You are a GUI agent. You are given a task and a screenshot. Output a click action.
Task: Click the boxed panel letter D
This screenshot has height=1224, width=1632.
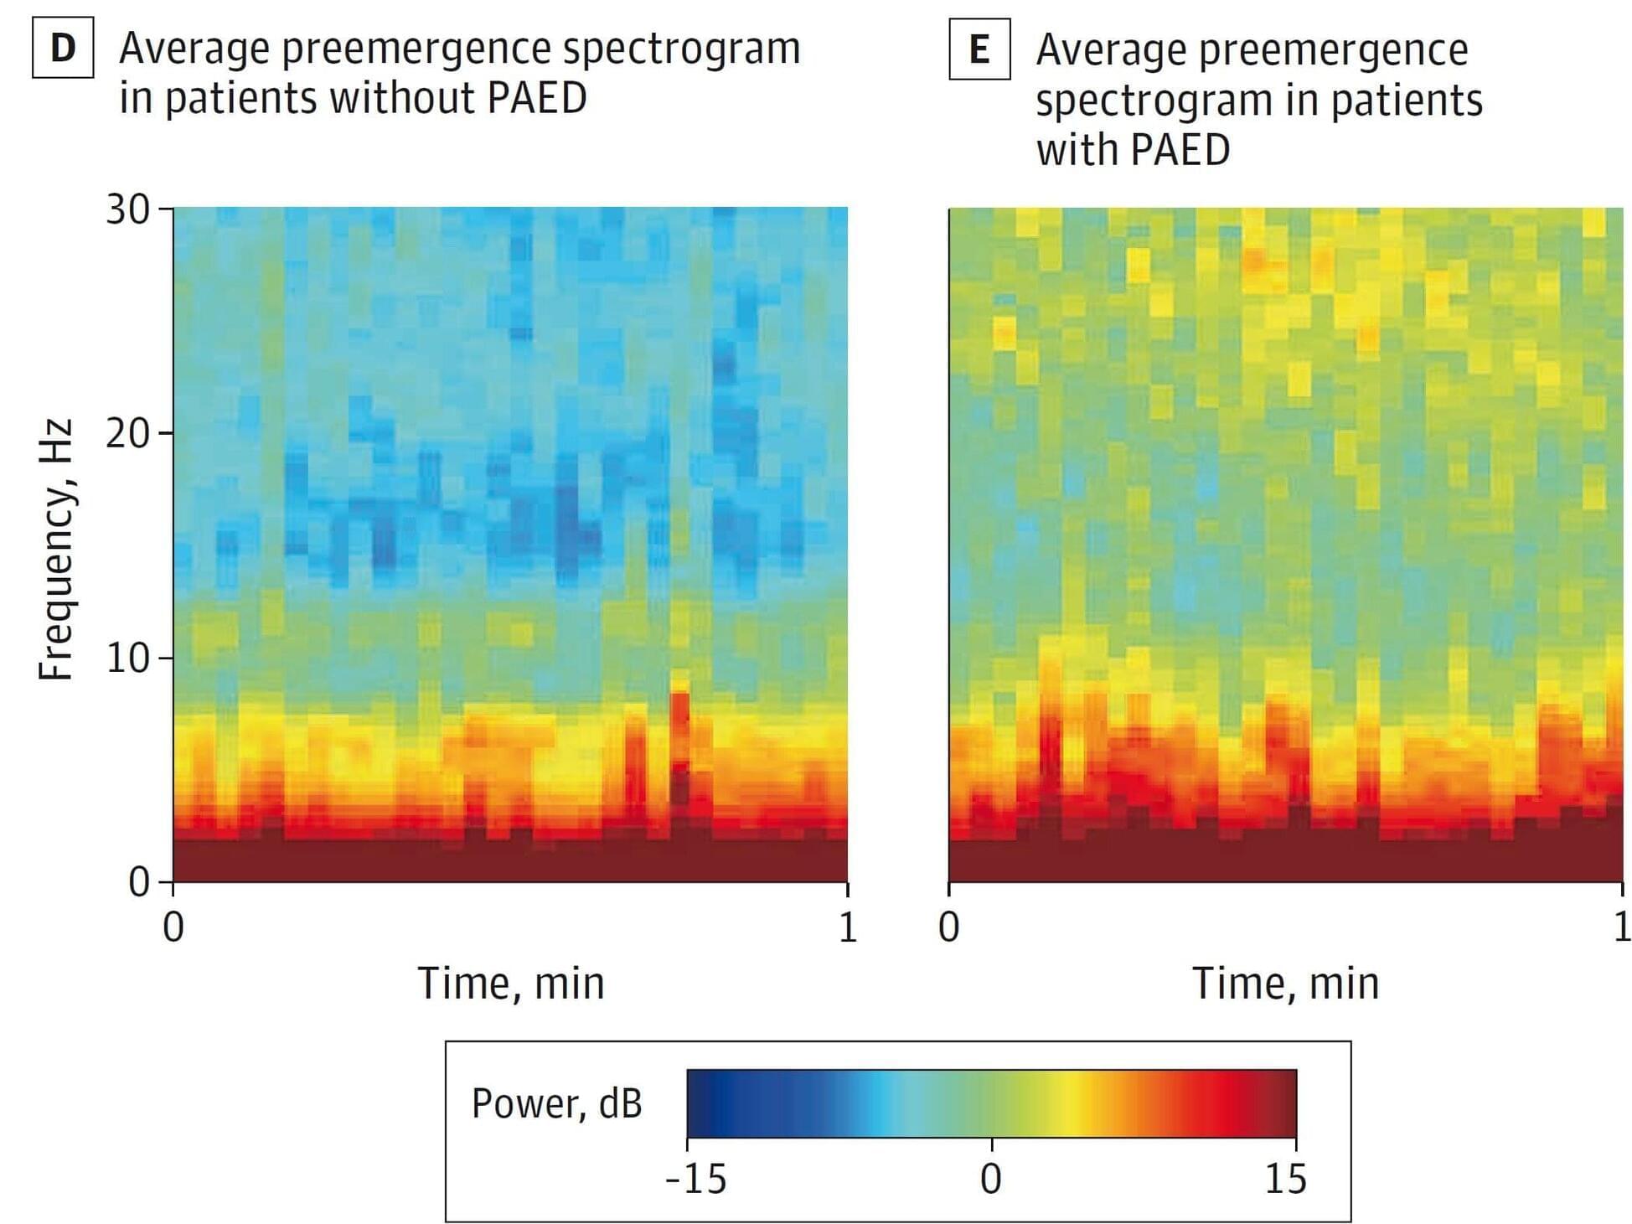coord(63,48)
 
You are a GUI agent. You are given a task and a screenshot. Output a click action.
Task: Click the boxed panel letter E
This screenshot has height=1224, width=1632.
coord(979,49)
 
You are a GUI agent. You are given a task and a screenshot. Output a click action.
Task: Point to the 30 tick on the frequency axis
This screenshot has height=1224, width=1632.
coord(127,209)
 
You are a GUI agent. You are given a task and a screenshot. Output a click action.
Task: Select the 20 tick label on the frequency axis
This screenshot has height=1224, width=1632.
coord(127,434)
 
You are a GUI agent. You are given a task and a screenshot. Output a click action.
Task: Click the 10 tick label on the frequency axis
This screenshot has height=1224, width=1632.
coord(127,658)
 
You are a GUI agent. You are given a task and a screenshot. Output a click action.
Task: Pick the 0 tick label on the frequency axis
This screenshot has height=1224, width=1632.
coord(139,882)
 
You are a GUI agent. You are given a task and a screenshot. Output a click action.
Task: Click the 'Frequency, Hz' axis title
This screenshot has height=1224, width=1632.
coord(57,550)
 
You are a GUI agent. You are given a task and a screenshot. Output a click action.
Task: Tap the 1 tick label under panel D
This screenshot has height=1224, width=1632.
coord(848,927)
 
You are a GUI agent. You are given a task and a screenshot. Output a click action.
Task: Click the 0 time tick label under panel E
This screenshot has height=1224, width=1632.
coord(948,927)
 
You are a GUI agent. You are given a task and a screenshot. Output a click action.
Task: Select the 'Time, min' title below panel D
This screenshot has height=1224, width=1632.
coord(510,984)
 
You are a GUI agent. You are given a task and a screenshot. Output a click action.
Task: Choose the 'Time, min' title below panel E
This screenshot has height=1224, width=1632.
coord(1285,984)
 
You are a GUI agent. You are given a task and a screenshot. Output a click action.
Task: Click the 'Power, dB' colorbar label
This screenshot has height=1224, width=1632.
coord(556,1103)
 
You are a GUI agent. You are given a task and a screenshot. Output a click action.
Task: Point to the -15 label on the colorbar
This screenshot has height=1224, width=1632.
coord(695,1180)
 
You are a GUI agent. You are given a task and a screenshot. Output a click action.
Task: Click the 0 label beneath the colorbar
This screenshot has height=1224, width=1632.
coord(991,1180)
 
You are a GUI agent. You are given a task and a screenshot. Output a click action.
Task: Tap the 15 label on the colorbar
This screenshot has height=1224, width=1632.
coord(1285,1180)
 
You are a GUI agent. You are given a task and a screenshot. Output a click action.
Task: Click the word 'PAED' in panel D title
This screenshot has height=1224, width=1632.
coord(536,98)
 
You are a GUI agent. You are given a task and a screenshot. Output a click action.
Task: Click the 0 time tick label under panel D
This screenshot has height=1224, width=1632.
coord(173,927)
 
